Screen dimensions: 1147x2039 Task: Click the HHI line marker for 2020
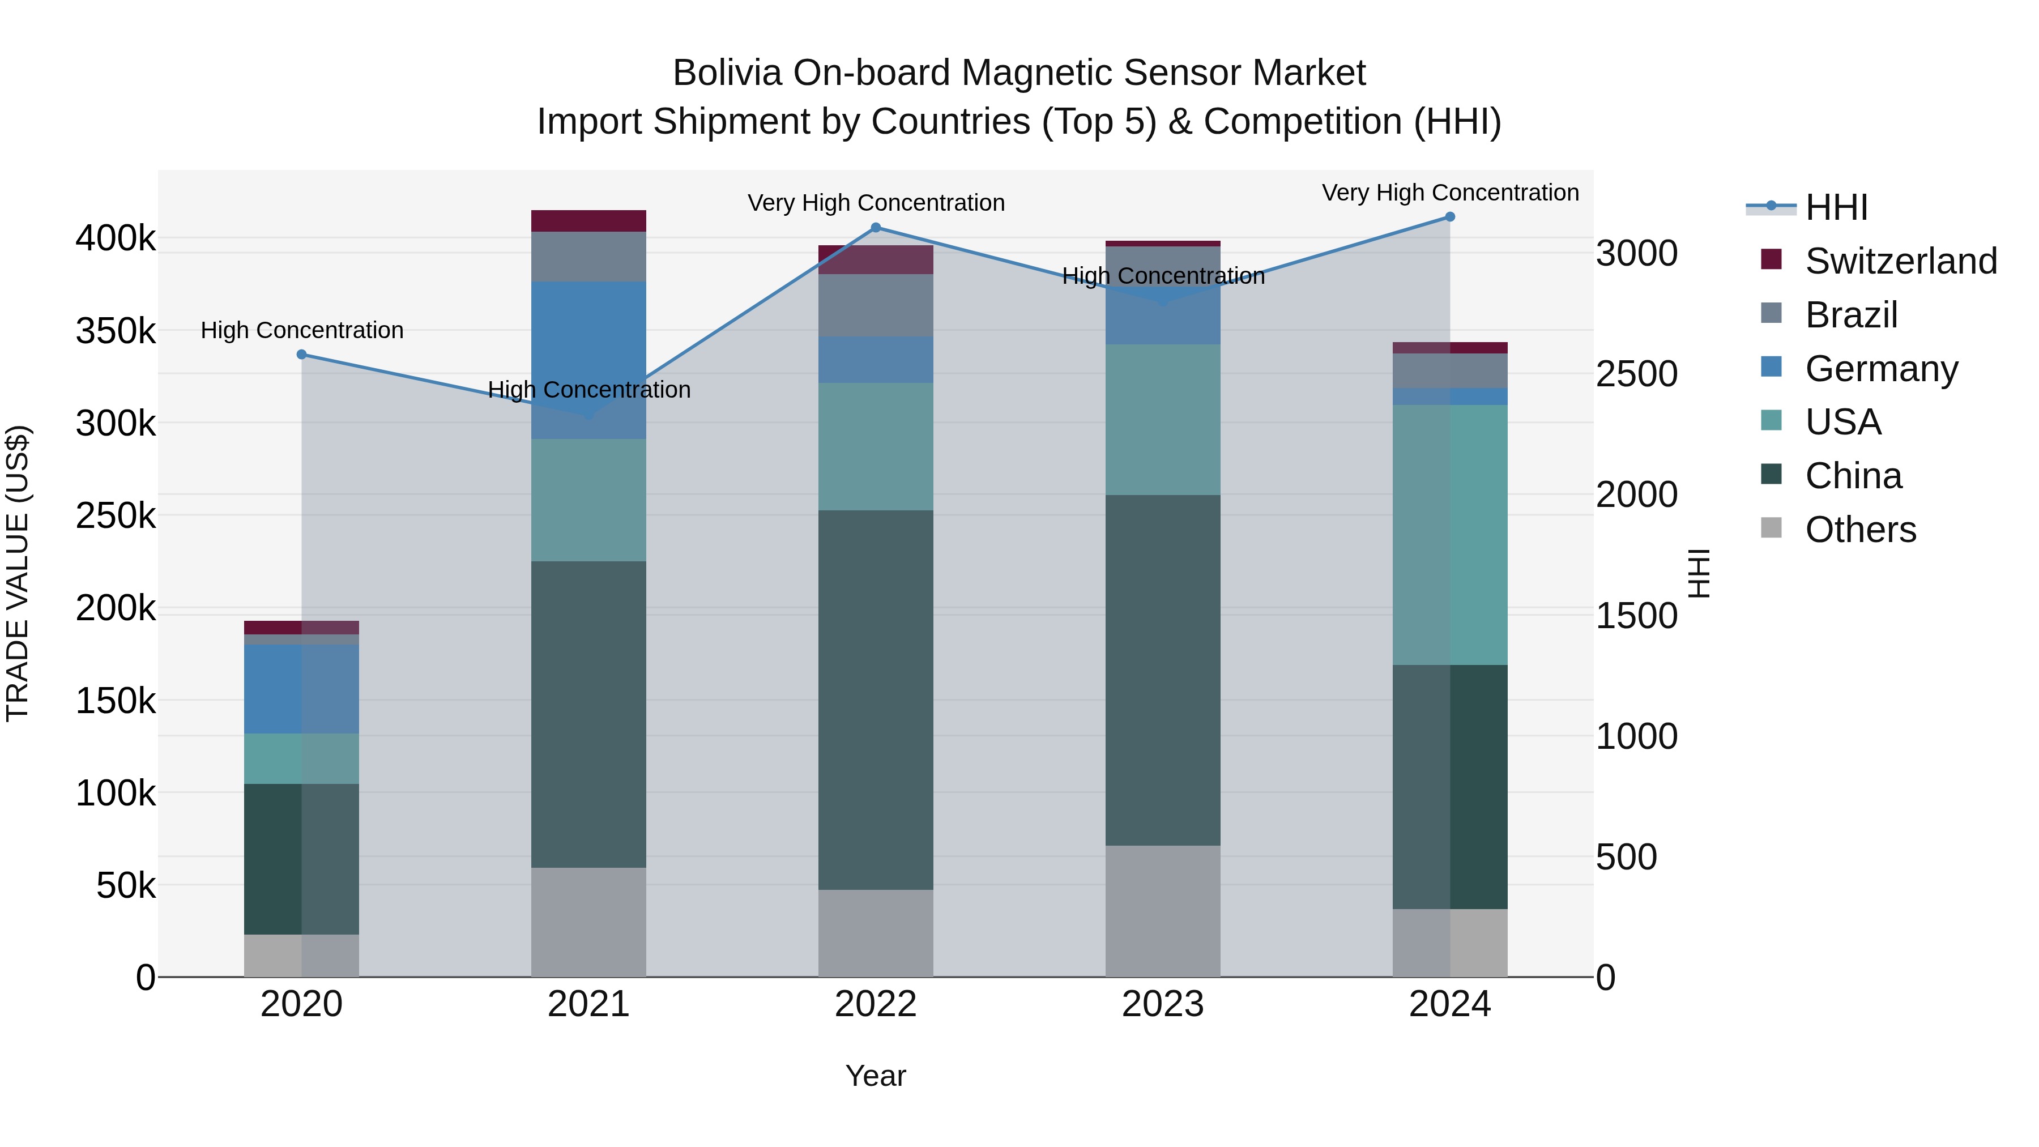point(301,355)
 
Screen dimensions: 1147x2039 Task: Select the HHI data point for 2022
point(876,228)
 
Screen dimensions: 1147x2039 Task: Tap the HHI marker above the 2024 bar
point(1450,217)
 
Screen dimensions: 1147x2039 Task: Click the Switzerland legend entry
point(1900,261)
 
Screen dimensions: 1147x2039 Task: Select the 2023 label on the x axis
point(1163,1004)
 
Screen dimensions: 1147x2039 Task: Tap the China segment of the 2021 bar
point(588,714)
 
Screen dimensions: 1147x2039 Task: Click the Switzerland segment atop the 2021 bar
point(588,221)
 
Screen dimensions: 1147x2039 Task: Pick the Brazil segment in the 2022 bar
point(876,305)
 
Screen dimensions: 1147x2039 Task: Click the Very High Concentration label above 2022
point(876,203)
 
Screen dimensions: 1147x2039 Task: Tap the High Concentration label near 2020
point(301,330)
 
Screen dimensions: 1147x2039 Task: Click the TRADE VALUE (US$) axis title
point(18,573)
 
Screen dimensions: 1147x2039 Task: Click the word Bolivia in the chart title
point(727,74)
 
